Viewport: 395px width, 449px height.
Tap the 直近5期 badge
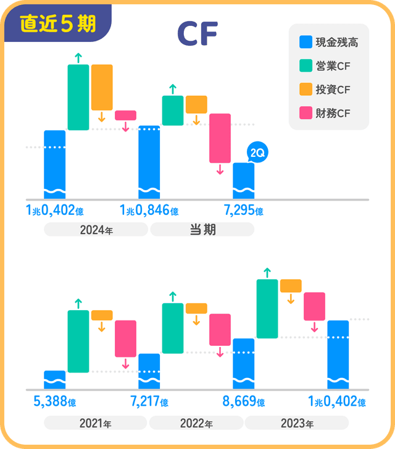coord(57,23)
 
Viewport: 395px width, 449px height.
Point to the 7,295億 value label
coord(244,211)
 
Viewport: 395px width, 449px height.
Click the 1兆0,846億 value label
coord(149,211)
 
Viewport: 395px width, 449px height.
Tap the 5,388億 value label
coord(55,402)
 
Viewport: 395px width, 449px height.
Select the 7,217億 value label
coord(149,402)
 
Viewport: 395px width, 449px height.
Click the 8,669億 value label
coord(244,402)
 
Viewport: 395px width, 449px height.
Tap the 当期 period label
coord(202,230)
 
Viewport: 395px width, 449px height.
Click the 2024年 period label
coord(96,230)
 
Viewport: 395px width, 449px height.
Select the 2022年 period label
coord(196,424)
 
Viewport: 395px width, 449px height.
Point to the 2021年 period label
coord(96,424)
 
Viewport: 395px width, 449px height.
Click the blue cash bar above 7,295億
coord(243,180)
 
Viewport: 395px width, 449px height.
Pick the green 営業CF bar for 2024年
coord(78,97)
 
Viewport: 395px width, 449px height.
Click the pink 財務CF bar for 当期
coord(220,138)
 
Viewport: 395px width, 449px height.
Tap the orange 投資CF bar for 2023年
coord(291,285)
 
